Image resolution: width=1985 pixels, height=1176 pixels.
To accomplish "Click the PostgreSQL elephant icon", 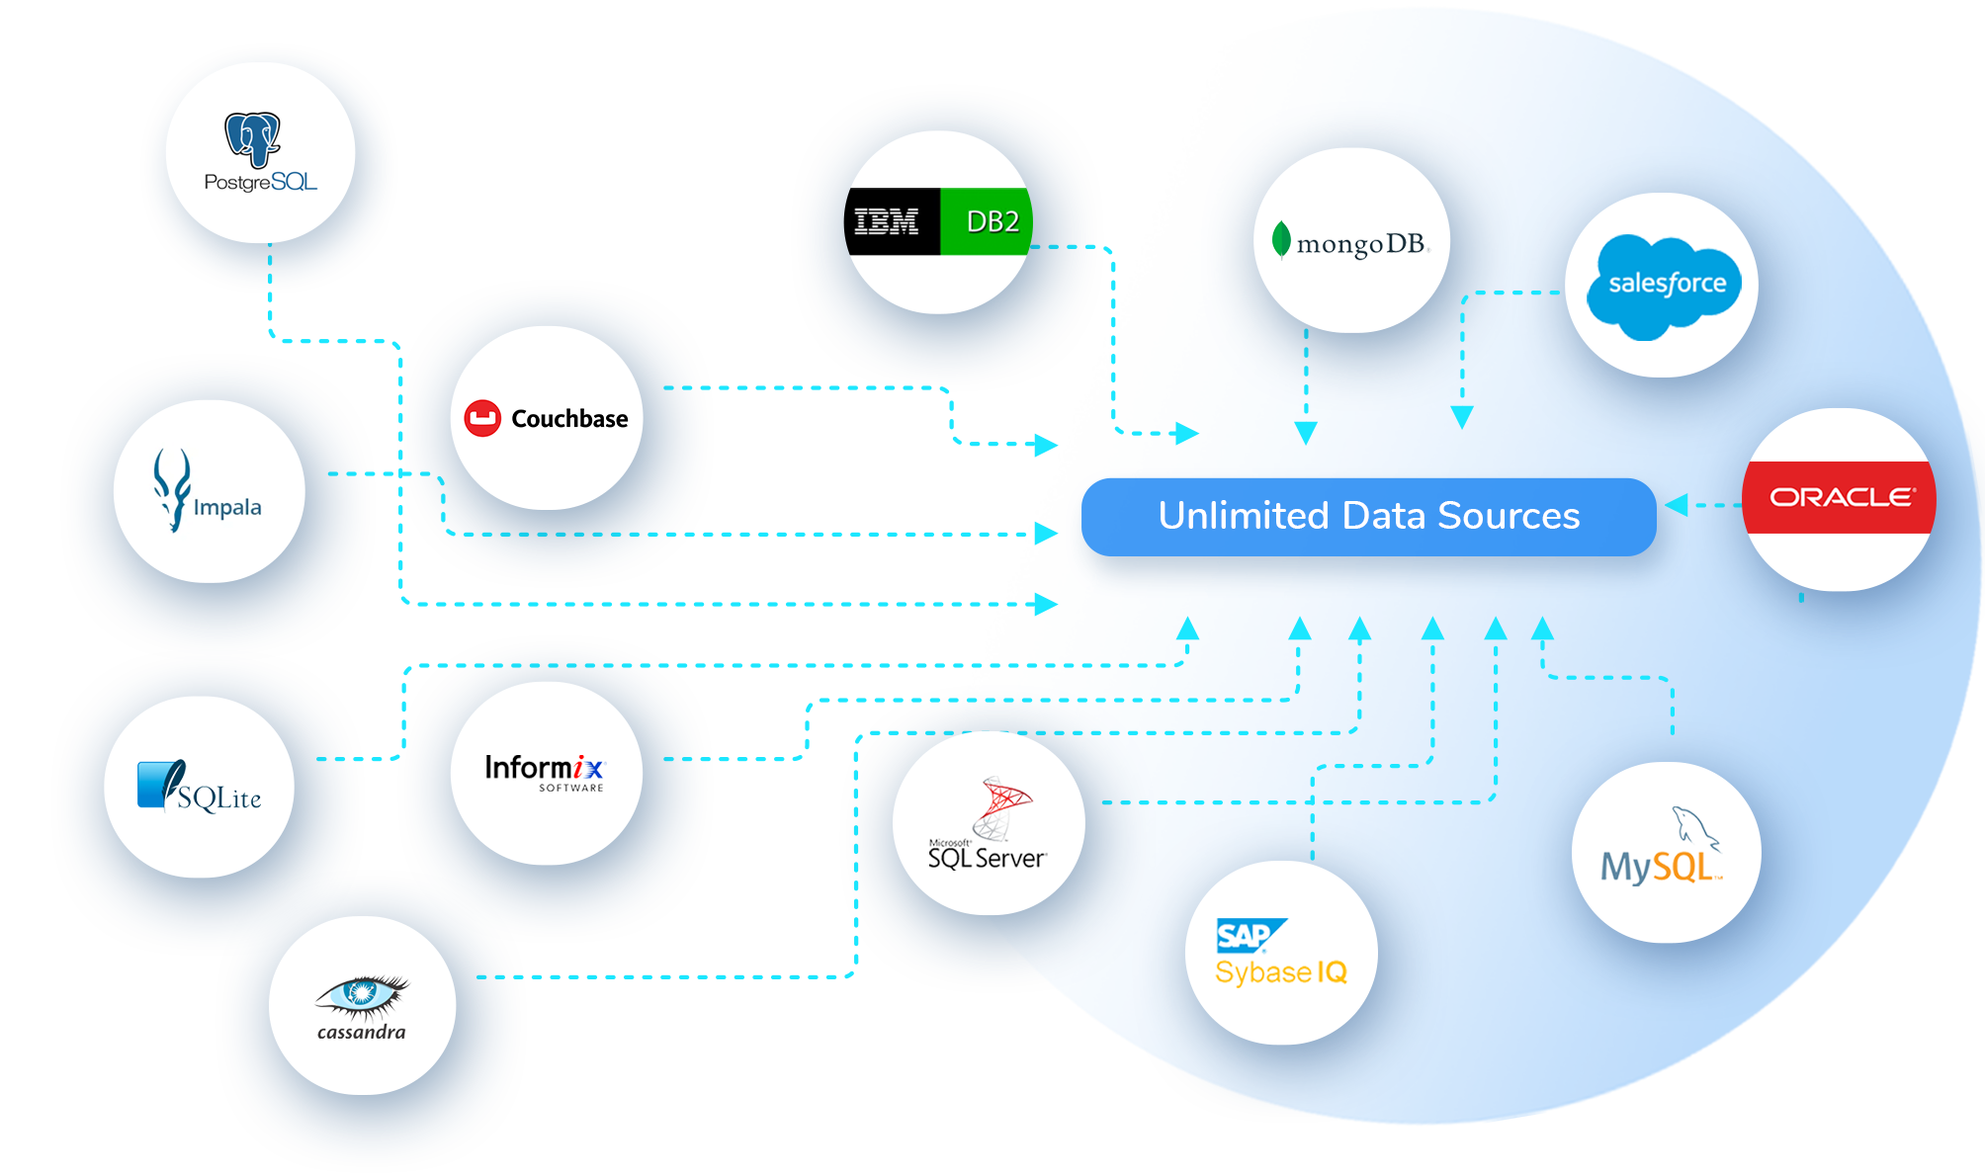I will [x=253, y=138].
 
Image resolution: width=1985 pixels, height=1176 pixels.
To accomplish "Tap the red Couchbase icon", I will [x=482, y=418].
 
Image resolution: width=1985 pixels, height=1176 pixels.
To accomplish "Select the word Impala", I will [x=227, y=507].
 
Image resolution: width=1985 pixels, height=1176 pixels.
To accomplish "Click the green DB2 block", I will [x=985, y=221].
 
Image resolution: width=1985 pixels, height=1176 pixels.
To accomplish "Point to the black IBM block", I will [x=891, y=221].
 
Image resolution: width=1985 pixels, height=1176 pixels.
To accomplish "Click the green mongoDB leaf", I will [x=1281, y=240].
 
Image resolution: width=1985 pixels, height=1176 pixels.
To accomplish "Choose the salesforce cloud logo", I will [x=1666, y=286].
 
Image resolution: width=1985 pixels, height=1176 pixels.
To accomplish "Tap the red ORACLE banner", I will [x=1840, y=497].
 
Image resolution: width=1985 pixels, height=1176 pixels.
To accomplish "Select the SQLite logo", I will [x=200, y=788].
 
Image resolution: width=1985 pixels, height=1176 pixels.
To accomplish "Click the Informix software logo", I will [x=545, y=771].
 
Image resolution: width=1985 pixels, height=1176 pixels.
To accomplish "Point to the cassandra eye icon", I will [x=362, y=996].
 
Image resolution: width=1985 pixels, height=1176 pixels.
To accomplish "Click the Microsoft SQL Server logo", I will [x=988, y=825].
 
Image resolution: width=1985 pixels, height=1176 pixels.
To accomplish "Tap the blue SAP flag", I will [x=1248, y=935].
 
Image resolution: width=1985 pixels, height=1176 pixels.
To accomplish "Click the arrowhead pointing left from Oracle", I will [x=1677, y=505].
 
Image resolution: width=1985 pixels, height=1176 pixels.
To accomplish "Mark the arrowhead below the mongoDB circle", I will [x=1306, y=432].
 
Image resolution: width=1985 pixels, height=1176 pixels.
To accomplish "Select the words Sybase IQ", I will [x=1281, y=972].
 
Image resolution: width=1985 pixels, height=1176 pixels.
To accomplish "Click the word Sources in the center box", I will [x=1509, y=516].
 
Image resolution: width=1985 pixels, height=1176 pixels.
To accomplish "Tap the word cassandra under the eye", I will [x=362, y=1032].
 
